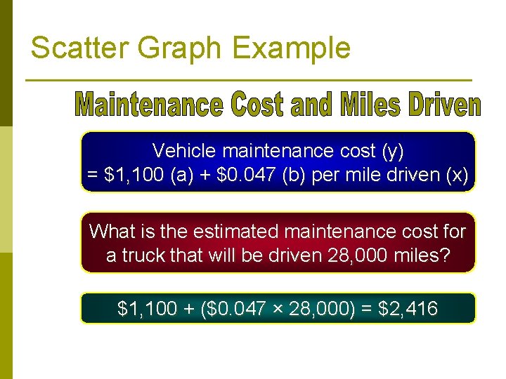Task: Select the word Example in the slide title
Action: (x=291, y=48)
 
